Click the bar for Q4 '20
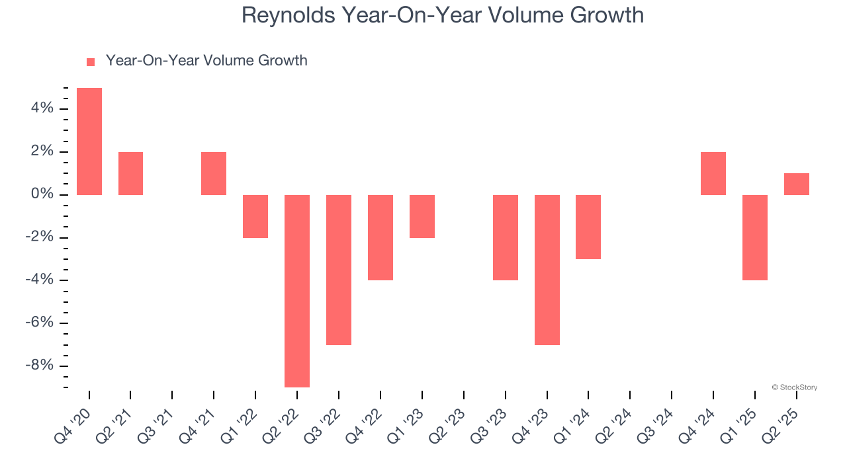pyautogui.click(x=89, y=141)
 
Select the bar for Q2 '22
pyautogui.click(x=297, y=291)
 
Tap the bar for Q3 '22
pyautogui.click(x=339, y=270)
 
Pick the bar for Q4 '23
pyautogui.click(x=547, y=270)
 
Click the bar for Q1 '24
pyautogui.click(x=588, y=227)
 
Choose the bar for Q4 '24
pyautogui.click(x=713, y=173)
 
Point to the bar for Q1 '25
pyautogui.click(x=755, y=237)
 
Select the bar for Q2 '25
pyautogui.click(x=797, y=184)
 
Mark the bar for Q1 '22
pyautogui.click(x=255, y=216)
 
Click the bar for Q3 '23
pyautogui.click(x=506, y=237)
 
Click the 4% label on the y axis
pyautogui.click(x=41, y=108)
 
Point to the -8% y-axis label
pyautogui.click(x=38, y=366)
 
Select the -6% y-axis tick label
pyautogui.click(x=38, y=323)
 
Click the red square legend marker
pyautogui.click(x=91, y=61)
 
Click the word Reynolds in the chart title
pyautogui.click(x=288, y=15)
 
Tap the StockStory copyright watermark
pyautogui.click(x=794, y=387)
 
